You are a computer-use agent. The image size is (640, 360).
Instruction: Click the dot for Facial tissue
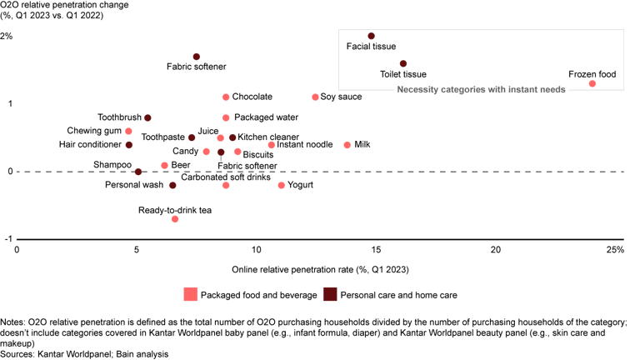372,36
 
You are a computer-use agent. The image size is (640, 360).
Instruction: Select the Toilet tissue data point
403,63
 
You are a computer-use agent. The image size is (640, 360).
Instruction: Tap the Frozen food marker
592,83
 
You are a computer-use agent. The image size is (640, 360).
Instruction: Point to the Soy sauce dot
315,97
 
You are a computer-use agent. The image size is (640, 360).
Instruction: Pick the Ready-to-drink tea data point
175,219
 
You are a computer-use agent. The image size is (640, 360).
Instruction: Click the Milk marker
347,145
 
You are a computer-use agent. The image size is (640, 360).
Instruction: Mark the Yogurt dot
282,185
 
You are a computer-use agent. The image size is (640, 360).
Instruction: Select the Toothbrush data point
147,118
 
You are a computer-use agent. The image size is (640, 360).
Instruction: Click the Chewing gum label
94,131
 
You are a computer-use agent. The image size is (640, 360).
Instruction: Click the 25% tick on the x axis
615,250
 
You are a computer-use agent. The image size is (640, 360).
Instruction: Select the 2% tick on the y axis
7,37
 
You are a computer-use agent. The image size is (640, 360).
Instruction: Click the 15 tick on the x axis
376,250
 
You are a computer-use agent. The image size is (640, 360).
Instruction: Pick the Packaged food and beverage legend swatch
191,294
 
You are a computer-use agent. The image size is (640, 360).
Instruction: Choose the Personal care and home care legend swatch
330,294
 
